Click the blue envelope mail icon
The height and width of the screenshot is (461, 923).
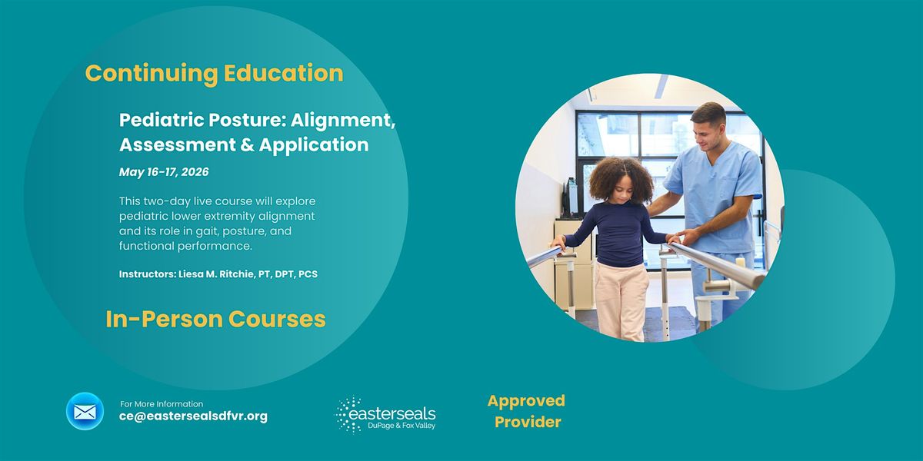pyautogui.click(x=85, y=411)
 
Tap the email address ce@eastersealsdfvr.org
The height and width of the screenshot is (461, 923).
pyautogui.click(x=193, y=416)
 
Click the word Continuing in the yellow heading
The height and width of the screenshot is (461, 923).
pyautogui.click(x=152, y=74)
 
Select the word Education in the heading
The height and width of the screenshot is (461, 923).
pyautogui.click(x=284, y=73)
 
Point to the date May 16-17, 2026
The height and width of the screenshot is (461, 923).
pyautogui.click(x=164, y=171)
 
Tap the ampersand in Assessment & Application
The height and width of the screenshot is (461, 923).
pyautogui.click(x=246, y=145)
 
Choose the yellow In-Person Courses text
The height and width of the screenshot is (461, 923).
pyautogui.click(x=215, y=319)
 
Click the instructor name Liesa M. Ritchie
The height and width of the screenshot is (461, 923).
pyautogui.click(x=216, y=274)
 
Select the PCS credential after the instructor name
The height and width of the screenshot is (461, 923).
pyautogui.click(x=308, y=274)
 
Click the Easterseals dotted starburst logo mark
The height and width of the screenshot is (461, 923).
pyautogui.click(x=347, y=415)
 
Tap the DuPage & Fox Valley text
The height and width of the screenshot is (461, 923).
pyautogui.click(x=402, y=426)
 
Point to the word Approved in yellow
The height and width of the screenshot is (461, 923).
pyautogui.click(x=526, y=401)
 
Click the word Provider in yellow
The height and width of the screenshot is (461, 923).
pyautogui.click(x=528, y=422)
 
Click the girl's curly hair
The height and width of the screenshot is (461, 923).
pyautogui.click(x=621, y=180)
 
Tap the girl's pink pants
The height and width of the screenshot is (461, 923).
pyautogui.click(x=621, y=300)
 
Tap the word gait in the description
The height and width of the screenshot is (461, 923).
pyautogui.click(x=206, y=231)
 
